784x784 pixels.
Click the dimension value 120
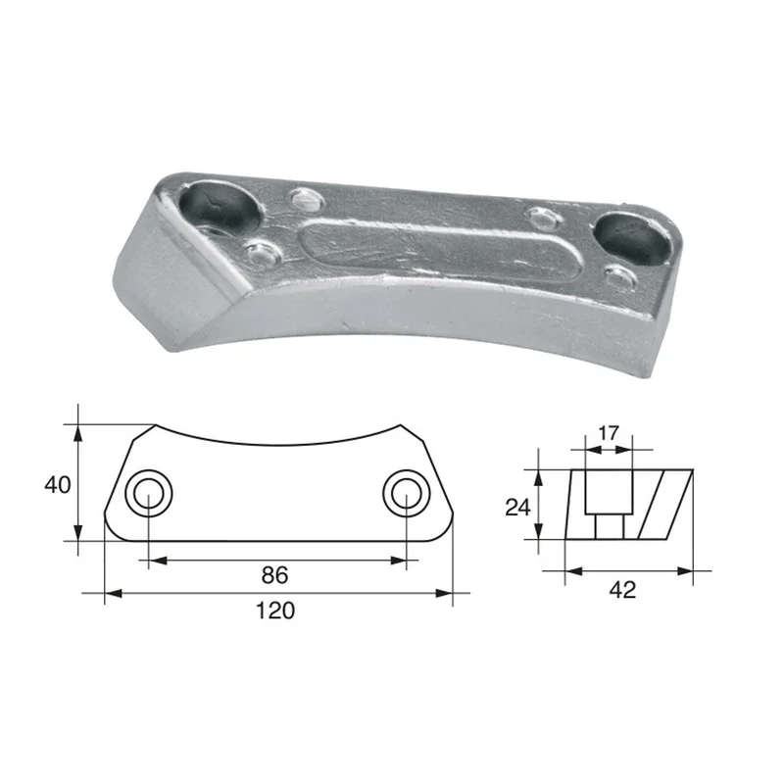[x=275, y=611]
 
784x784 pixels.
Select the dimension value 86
[x=274, y=575]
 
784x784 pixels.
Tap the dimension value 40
[x=58, y=484]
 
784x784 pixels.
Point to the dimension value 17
[x=609, y=433]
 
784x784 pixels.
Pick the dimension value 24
[x=518, y=508]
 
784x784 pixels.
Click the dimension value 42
[x=622, y=590]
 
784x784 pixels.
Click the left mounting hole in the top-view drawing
[x=149, y=494]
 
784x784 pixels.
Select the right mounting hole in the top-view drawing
[x=407, y=494]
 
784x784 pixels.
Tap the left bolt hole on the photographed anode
[x=220, y=209]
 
